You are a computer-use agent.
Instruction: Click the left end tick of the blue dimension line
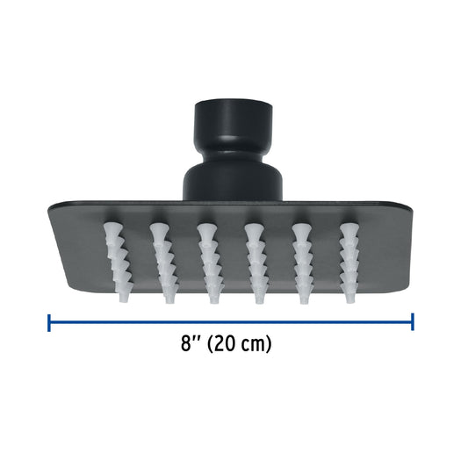pyautogui.click(x=49, y=322)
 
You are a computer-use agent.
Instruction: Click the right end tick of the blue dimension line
pyautogui.click(x=413, y=321)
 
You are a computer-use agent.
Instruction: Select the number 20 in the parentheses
pyautogui.click(x=223, y=343)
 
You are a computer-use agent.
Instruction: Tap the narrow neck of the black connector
pyautogui.click(x=233, y=152)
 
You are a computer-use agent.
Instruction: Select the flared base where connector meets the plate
pyautogui.click(x=233, y=181)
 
